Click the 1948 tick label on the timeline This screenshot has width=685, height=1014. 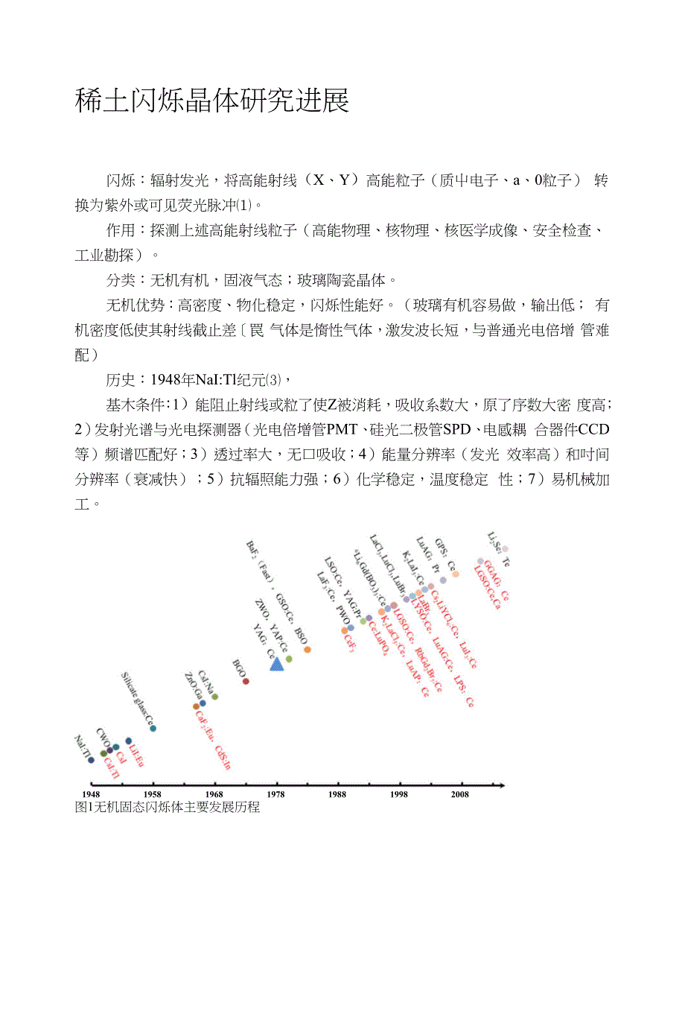(91, 794)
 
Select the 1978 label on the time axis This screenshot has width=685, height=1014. (275, 794)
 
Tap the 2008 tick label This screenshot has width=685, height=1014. (460, 794)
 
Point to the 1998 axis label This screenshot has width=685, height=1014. (398, 794)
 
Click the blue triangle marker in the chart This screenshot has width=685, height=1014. (276, 663)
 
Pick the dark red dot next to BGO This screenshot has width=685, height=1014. (246, 681)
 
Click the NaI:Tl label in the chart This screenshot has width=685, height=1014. (82, 747)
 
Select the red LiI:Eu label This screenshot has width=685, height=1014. (136, 755)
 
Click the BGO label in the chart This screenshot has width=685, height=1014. (238, 668)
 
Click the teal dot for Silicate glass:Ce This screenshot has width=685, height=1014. (153, 728)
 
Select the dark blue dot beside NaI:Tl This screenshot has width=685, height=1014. (91, 760)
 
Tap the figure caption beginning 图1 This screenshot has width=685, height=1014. (168, 807)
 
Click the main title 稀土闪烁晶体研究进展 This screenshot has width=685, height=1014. (212, 100)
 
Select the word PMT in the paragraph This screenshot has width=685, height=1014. (342, 430)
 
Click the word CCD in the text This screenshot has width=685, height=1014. (593, 430)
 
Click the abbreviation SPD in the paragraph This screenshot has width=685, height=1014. (456, 430)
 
